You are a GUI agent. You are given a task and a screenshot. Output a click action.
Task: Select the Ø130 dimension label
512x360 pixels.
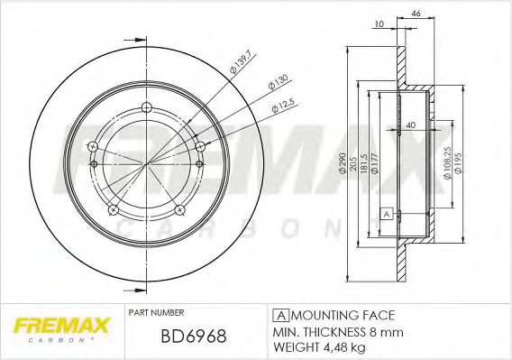[x=279, y=82]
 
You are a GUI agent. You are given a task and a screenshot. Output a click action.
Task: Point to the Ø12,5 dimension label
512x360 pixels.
[x=283, y=106]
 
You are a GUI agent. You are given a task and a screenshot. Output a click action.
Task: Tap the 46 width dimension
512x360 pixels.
[x=416, y=14]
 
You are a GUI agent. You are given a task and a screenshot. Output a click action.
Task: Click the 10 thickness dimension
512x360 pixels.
[x=379, y=23]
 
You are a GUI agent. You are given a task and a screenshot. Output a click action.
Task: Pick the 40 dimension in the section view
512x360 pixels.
[x=411, y=125]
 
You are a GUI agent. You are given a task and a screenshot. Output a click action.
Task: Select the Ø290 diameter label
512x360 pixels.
[x=343, y=162]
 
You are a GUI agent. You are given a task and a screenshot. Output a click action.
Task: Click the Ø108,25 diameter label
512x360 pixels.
[x=447, y=162]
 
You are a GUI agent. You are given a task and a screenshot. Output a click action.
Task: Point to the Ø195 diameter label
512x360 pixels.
[x=458, y=162]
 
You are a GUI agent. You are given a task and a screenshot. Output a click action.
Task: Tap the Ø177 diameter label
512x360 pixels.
[x=374, y=163]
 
